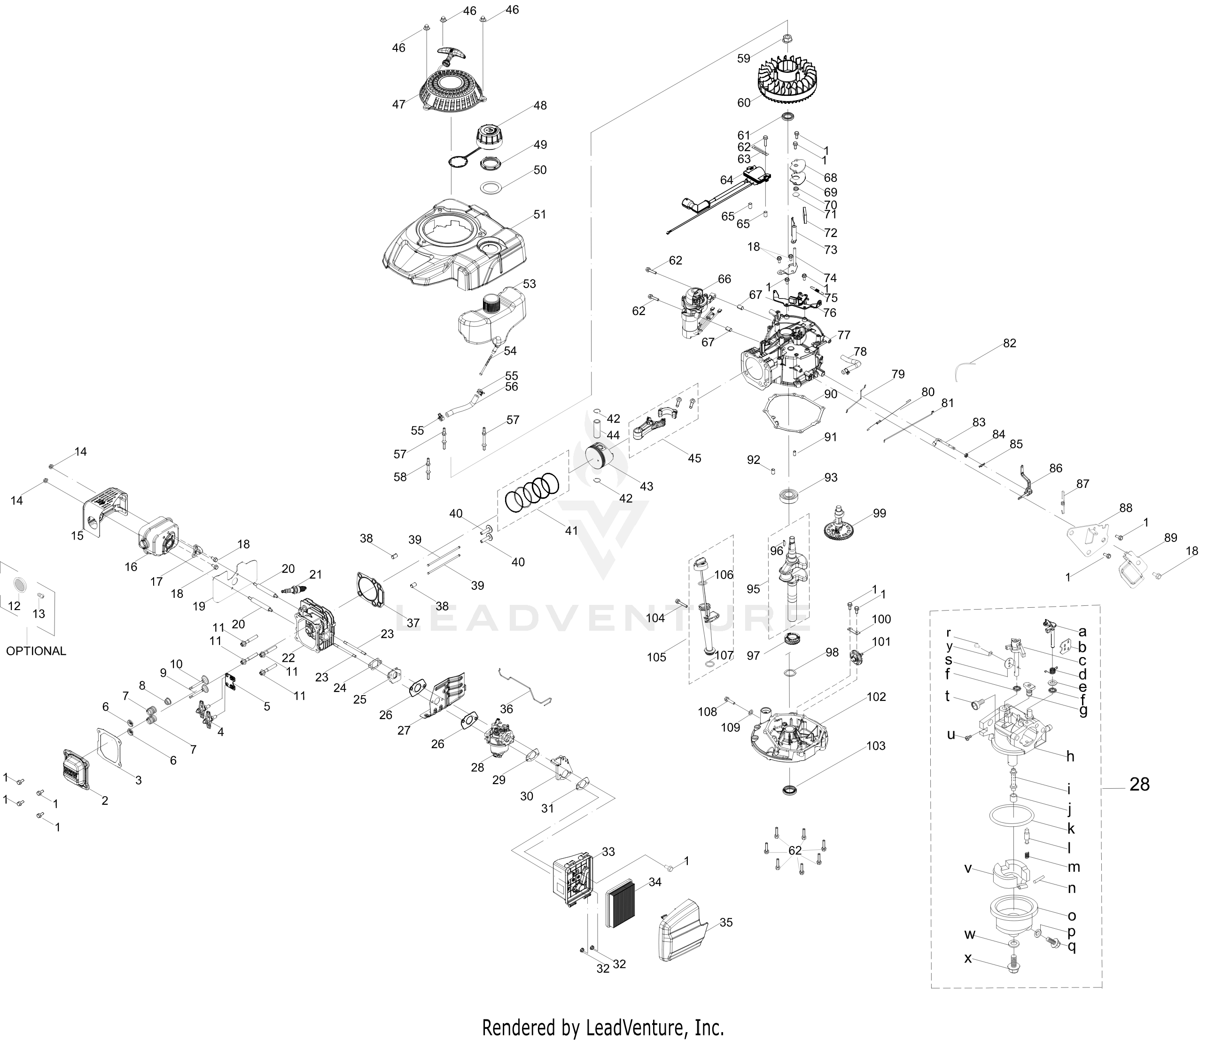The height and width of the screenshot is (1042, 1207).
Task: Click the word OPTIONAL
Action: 36,651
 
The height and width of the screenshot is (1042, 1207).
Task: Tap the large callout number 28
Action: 1139,784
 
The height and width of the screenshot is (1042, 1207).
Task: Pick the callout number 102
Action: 876,697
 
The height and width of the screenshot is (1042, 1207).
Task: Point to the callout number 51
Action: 540,214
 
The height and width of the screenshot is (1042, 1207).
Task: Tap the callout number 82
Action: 1010,343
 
